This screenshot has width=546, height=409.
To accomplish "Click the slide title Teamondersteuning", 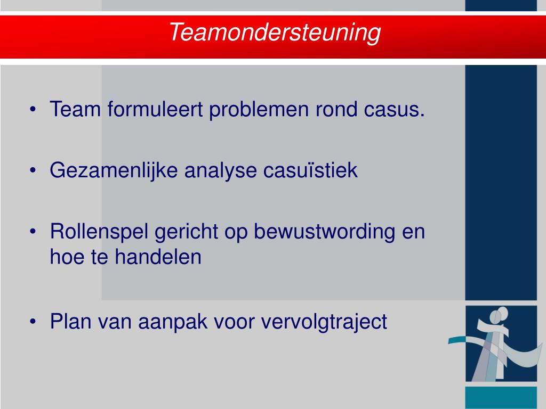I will point(275,33).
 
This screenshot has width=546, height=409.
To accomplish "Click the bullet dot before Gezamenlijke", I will point(34,171).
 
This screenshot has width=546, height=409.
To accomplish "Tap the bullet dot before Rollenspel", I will point(34,233).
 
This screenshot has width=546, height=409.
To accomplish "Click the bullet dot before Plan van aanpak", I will point(34,322).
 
